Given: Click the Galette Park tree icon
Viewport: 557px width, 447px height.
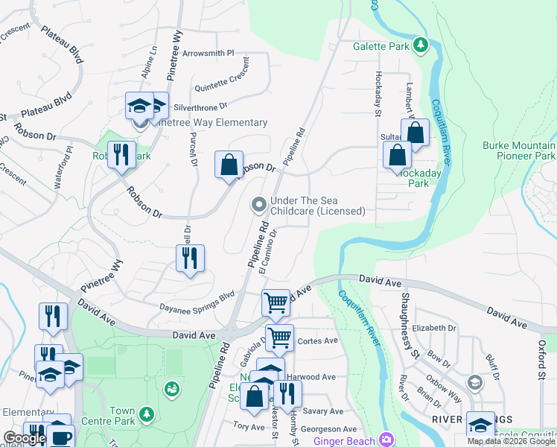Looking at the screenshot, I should (421, 45).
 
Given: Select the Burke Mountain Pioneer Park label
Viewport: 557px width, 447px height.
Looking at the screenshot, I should (518, 151).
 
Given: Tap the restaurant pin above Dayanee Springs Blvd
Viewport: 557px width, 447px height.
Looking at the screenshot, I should (190, 259).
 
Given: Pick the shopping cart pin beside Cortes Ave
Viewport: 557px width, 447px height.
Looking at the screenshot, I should (279, 337).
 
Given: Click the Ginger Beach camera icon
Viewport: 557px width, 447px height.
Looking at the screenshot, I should (386, 440).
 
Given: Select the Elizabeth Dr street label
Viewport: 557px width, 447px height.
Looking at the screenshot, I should (433, 328).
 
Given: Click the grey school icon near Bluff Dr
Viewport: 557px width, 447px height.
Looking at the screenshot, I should (474, 382).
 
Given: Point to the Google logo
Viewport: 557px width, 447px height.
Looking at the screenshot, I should (25, 438).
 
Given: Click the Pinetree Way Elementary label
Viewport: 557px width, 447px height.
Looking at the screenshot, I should (210, 122).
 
